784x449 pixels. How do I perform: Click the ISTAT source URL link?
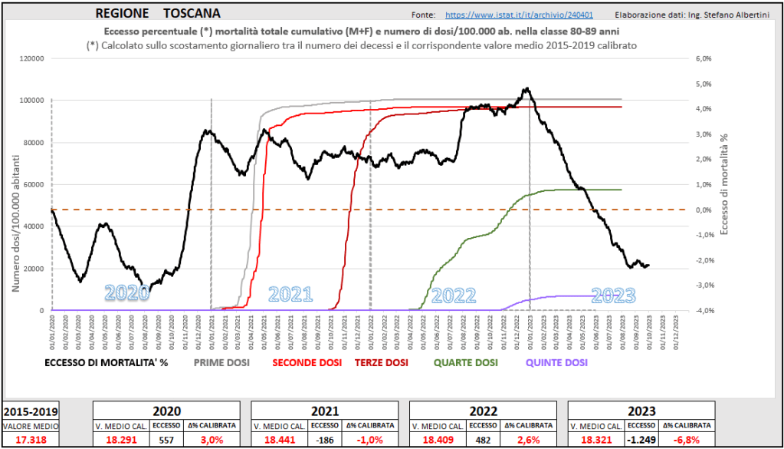click(x=519, y=15)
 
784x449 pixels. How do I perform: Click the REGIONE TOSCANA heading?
click(x=159, y=14)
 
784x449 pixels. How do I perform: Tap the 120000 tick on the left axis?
click(x=31, y=58)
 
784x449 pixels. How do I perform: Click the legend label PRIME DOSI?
click(x=222, y=363)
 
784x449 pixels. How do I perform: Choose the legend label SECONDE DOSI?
click(x=307, y=363)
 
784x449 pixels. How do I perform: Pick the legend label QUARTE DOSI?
click(x=465, y=363)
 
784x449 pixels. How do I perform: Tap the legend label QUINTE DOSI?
click(x=557, y=363)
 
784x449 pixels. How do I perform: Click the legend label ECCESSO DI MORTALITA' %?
click(x=106, y=363)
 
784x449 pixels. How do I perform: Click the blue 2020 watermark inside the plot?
click(x=127, y=293)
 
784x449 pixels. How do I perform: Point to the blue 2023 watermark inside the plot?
click(x=614, y=295)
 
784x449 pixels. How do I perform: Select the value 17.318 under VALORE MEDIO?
click(x=30, y=439)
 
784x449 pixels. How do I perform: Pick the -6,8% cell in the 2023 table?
click(x=687, y=439)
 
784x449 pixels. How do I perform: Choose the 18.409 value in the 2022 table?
click(x=438, y=439)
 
